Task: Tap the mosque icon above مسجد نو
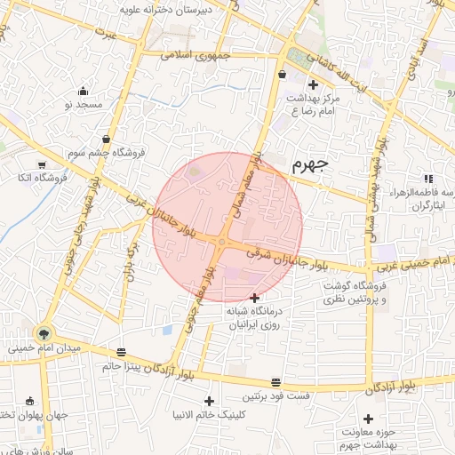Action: [84, 91]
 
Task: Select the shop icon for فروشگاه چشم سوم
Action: [107, 140]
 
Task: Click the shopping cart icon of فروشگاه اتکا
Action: [42, 164]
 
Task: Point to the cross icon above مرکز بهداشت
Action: [312, 84]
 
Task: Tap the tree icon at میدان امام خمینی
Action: [41, 333]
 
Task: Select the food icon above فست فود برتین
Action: [276, 380]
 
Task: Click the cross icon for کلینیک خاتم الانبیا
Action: [210, 400]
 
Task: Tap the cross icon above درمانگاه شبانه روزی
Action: [256, 297]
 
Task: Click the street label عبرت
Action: [108, 34]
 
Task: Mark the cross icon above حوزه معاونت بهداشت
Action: [368, 418]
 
